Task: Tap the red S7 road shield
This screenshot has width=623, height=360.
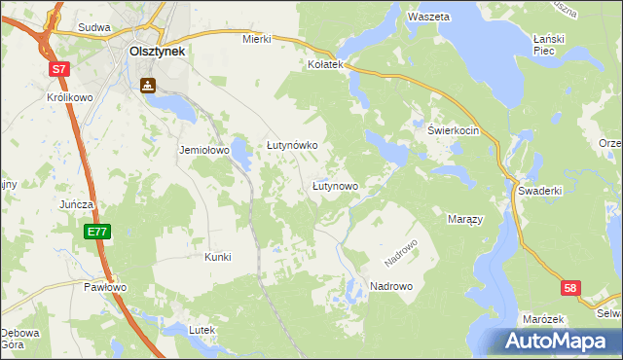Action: [x=60, y=69]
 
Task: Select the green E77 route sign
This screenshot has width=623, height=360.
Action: [x=96, y=232]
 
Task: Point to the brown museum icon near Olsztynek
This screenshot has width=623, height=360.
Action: [x=147, y=86]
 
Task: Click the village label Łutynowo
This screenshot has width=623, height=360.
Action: [x=336, y=185]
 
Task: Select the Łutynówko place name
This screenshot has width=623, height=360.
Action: [x=293, y=145]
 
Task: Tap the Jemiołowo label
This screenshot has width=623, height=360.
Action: [x=203, y=151]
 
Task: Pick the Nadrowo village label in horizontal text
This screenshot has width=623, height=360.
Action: [x=391, y=286]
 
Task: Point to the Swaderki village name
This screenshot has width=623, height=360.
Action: [x=540, y=191]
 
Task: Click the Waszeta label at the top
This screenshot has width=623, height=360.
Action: [x=429, y=18]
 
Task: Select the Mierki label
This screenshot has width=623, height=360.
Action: [x=255, y=40]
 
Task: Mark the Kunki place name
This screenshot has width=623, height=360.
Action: [x=217, y=257]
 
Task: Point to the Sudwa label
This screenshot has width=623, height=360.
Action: [x=94, y=29]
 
